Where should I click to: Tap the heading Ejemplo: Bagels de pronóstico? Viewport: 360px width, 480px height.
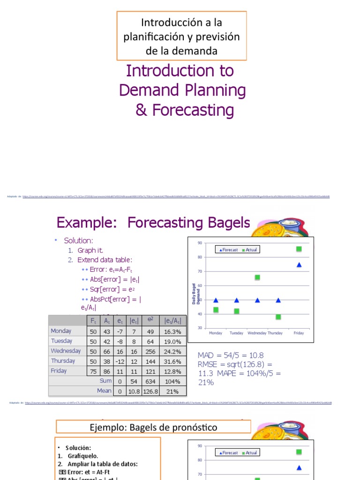(153, 427)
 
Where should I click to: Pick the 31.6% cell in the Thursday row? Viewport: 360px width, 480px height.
(173, 361)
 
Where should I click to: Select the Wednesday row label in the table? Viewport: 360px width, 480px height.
(66, 351)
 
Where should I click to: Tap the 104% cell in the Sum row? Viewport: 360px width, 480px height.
(173, 382)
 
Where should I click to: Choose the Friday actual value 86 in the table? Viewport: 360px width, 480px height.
(107, 371)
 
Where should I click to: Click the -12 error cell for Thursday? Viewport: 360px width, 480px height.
(120, 361)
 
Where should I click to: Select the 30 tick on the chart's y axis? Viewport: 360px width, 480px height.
(200, 328)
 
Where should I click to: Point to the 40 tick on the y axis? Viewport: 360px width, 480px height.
(200, 314)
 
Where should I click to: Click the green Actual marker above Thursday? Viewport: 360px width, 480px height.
(278, 317)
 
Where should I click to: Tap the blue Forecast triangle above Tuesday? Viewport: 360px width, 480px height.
(236, 300)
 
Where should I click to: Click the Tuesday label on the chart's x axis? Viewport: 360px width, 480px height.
(236, 333)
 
